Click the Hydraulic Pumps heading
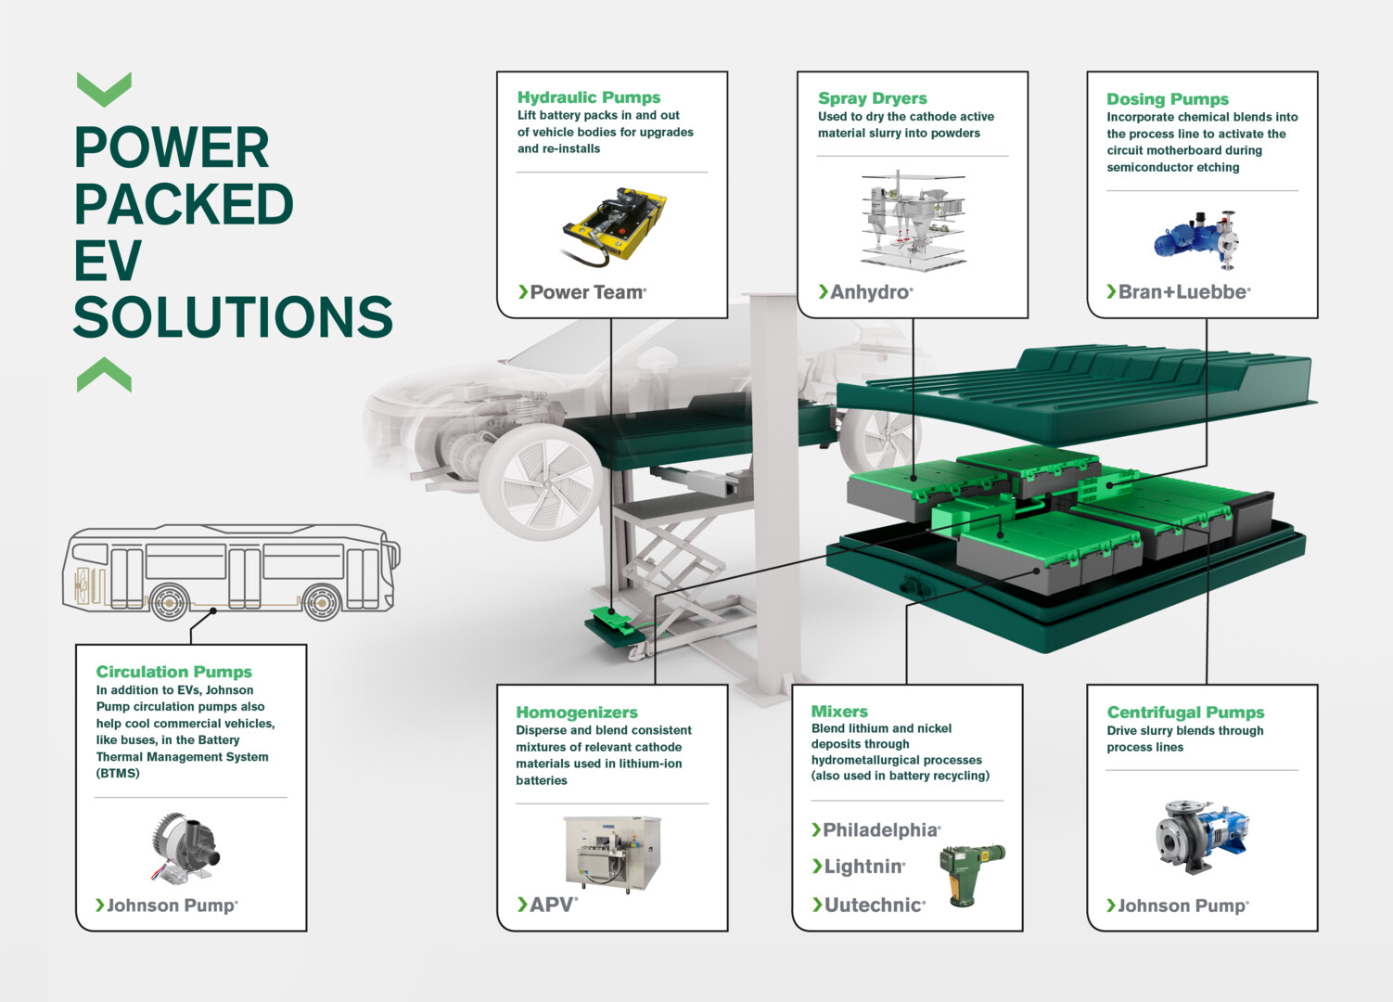click(588, 97)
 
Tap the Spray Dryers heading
click(872, 98)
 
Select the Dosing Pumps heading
click(1168, 99)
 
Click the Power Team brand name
click(588, 291)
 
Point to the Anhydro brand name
click(871, 291)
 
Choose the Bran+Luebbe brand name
click(1184, 291)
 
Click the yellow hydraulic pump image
click(613, 226)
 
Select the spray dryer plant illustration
click(913, 220)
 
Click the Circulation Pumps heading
click(173, 672)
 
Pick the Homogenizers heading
click(577, 713)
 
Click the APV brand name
click(554, 905)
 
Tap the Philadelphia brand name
click(881, 829)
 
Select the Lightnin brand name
click(864, 867)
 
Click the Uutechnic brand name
click(875, 905)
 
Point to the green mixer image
click(971, 875)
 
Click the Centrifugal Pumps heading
click(1185, 713)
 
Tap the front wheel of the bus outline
click(322, 602)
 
